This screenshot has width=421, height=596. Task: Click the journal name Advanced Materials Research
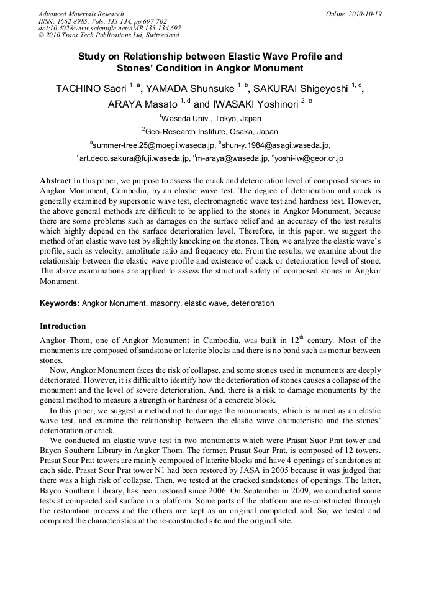tap(81, 14)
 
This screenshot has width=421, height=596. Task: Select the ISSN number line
tap(102, 21)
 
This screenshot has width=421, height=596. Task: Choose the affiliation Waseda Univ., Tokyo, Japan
tap(211, 118)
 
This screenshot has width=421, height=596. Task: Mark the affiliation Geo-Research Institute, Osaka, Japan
tap(211, 131)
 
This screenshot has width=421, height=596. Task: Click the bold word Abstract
tap(55, 180)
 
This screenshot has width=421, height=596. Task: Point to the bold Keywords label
tap(60, 303)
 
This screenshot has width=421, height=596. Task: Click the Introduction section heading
tap(63, 326)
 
